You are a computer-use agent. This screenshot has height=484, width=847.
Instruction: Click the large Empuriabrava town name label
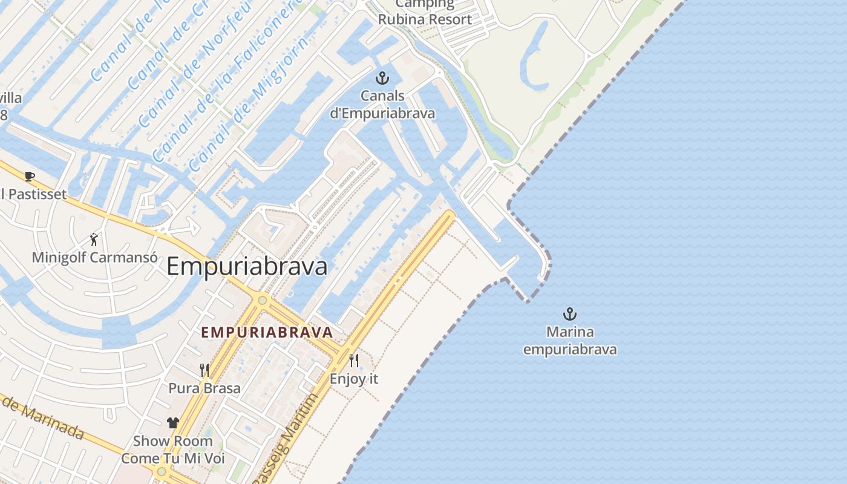[247, 267]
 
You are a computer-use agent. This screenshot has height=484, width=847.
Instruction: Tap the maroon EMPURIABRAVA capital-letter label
[267, 332]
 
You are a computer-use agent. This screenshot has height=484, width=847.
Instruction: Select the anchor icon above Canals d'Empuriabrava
[382, 77]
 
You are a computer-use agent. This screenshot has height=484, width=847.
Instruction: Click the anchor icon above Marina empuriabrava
[569, 314]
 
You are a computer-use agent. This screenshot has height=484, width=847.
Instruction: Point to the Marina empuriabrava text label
[569, 341]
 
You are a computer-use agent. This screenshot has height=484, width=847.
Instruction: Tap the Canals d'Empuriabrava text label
[382, 104]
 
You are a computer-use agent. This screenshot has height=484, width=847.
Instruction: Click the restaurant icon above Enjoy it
[354, 361]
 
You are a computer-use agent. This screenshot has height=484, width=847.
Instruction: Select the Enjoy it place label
[354, 379]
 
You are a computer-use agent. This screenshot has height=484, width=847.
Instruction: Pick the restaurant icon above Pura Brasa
[204, 370]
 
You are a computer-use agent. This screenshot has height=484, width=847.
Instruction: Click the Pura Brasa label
[204, 388]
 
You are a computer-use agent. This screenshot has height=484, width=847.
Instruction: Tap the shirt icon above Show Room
[173, 423]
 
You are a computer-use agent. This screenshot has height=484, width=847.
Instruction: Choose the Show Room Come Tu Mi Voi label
[173, 450]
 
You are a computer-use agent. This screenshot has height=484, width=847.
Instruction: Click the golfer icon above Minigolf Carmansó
[94, 239]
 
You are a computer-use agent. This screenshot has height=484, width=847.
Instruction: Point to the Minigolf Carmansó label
[94, 257]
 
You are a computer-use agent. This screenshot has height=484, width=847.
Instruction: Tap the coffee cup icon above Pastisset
[30, 176]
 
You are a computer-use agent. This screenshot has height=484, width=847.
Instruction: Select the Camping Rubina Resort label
[425, 12]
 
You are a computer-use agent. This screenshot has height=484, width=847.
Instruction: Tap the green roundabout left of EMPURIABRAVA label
[262, 299]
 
